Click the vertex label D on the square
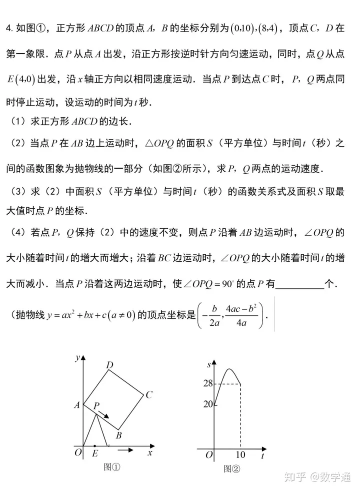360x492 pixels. [x=110, y=365]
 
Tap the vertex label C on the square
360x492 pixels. [x=148, y=395]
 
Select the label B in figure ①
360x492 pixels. [x=118, y=435]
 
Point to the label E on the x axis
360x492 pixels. [x=95, y=454]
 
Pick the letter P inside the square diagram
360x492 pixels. [x=97, y=406]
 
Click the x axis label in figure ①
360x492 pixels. [x=150, y=452]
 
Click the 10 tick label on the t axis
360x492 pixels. [x=241, y=455]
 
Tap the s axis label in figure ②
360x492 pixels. [x=209, y=364]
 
